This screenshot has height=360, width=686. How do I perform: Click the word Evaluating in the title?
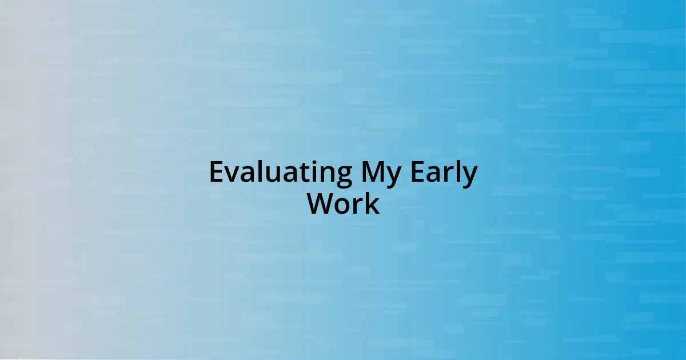tap(281, 173)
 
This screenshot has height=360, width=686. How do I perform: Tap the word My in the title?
tap(381, 173)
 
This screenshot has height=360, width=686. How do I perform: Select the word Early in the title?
tap(444, 173)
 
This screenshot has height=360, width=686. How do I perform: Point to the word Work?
tap(344, 204)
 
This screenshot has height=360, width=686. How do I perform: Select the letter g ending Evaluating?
tap(344, 177)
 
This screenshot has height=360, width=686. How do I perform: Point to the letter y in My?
tap(393, 177)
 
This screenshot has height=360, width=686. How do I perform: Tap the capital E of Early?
tap(417, 172)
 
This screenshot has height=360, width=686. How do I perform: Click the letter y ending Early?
tap(469, 177)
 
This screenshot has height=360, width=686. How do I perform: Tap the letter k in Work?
tap(373, 203)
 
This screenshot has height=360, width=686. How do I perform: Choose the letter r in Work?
tap(359, 206)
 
